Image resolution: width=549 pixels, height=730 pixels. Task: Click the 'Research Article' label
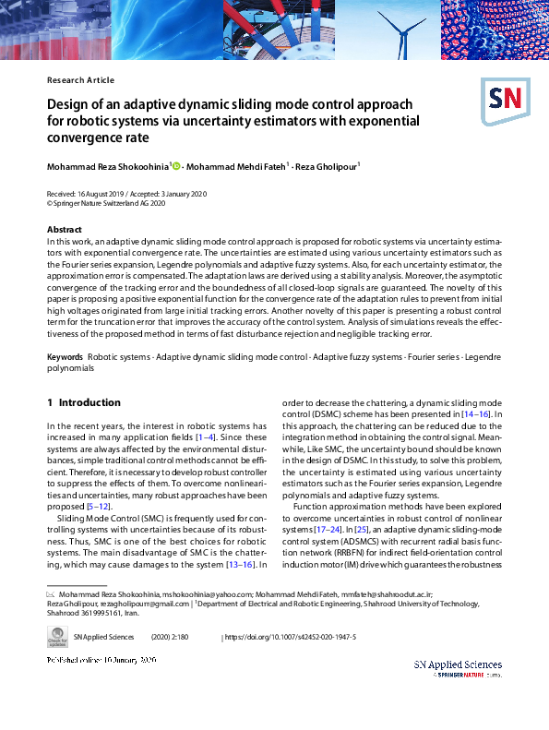coord(80,80)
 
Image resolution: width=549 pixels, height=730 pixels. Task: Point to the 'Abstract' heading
coord(64,229)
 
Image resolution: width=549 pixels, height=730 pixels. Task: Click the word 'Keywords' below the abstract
coord(65,356)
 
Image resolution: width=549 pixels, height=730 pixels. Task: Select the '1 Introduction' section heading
coord(83,403)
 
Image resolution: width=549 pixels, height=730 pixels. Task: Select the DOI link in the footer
coord(291,638)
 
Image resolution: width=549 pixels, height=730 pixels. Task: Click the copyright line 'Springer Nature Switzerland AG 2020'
coord(101,203)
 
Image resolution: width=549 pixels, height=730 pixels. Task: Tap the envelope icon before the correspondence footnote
coord(51,596)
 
